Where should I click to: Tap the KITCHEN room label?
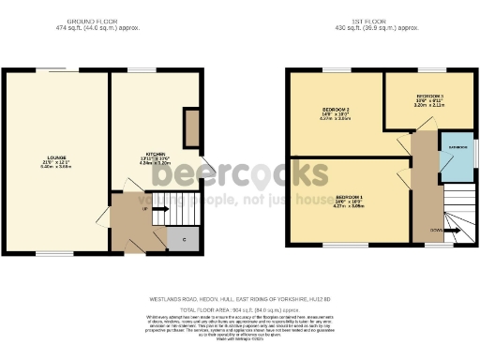pos(156,154)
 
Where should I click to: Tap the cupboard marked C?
pos(184,239)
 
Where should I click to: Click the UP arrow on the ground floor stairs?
pos(148,210)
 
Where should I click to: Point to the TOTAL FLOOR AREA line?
pos(240,307)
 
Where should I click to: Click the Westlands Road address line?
pos(240,300)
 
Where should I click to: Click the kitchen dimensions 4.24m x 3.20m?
pos(156,163)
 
